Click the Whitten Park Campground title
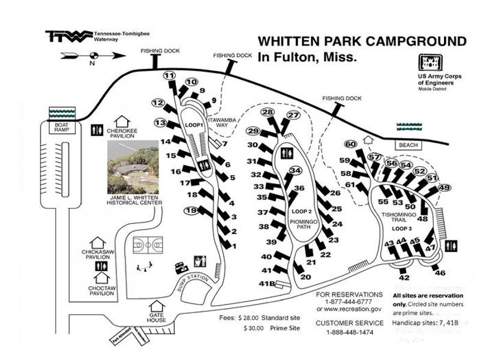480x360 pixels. (361, 41)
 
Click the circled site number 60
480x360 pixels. (351, 143)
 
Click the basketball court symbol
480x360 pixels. (147, 246)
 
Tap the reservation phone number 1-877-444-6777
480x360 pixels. (349, 302)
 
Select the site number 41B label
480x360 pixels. (267, 283)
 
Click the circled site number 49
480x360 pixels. (445, 188)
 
